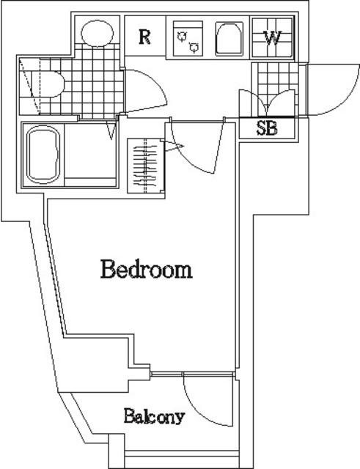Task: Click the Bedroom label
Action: coord(147,269)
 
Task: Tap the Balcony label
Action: coord(154,416)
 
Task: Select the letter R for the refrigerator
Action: coord(144,37)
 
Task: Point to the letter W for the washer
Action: coord(272,37)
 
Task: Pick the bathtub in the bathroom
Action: coord(43,155)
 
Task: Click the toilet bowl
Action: coord(48,84)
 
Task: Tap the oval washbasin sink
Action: coord(98,33)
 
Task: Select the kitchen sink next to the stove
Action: coord(229,39)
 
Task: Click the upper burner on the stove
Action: coord(182,37)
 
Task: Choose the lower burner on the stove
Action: coord(194,47)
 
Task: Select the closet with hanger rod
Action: coord(145,166)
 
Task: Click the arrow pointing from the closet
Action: coord(173,147)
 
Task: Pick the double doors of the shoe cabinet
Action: coord(267,103)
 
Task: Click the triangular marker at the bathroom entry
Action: coord(111,130)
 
